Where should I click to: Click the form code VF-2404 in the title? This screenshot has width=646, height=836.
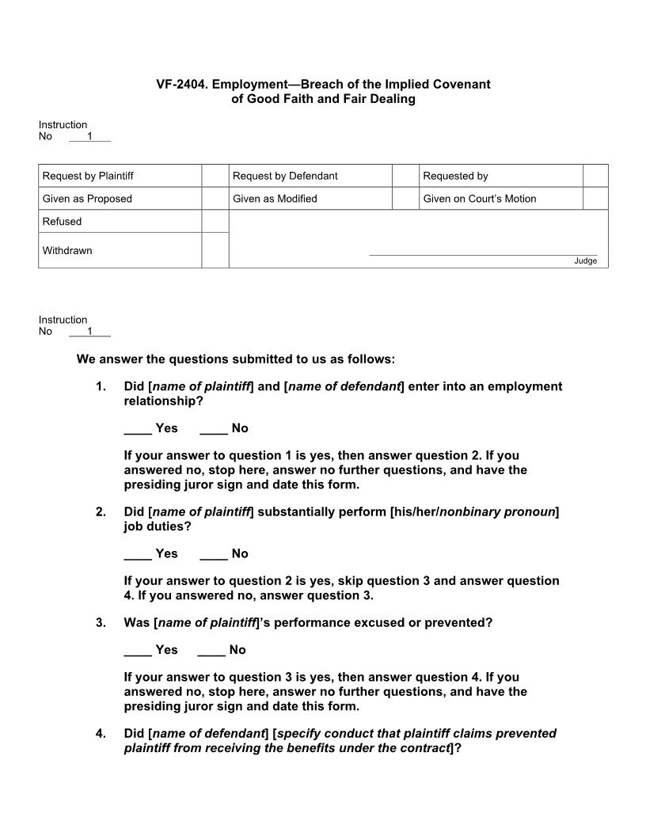[181, 84]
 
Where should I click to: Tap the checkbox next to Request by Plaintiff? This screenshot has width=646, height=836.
[215, 176]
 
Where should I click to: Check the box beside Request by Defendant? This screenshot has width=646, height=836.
[405, 176]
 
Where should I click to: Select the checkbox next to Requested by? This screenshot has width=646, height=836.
[595, 176]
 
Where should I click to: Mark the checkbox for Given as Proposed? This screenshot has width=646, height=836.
[215, 199]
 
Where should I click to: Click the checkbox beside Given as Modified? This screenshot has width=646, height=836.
[405, 199]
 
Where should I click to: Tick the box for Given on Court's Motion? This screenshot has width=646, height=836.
[595, 199]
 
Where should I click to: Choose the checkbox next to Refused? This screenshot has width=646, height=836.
[215, 222]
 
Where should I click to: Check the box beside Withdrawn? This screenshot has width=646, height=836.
[215, 250]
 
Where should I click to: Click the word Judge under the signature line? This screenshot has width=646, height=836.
[585, 261]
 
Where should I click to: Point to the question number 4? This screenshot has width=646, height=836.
[101, 734]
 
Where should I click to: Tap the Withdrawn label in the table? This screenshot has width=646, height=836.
[67, 251]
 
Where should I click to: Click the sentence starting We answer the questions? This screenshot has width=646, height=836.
[235, 359]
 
